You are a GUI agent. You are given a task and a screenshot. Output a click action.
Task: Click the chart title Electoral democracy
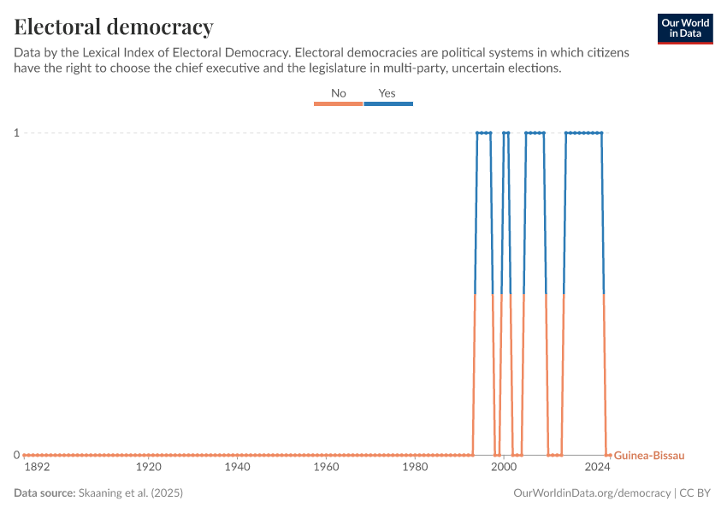(114, 27)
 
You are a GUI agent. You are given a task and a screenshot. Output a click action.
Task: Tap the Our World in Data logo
(685, 28)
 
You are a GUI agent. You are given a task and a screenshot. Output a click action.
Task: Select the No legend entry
(339, 93)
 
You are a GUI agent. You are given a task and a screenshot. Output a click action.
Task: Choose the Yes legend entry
(387, 93)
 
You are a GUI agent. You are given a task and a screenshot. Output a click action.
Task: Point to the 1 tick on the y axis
(15, 133)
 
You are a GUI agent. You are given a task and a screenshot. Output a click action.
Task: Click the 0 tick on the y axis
(15, 455)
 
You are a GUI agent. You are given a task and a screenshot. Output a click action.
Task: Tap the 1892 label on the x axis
(37, 469)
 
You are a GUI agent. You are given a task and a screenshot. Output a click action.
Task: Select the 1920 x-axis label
(149, 469)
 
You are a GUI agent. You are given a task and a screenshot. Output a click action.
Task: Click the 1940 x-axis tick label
(237, 469)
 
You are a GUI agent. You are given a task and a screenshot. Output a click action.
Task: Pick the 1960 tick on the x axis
(326, 469)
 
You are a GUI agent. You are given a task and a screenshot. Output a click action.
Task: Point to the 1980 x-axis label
(415, 469)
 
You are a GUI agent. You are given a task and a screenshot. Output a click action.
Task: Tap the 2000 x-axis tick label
(503, 469)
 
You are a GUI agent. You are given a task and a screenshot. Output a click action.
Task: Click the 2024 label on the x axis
(597, 469)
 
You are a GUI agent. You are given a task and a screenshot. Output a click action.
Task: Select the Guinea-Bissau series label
(649, 456)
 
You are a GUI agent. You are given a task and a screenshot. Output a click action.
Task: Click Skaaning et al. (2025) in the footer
(131, 493)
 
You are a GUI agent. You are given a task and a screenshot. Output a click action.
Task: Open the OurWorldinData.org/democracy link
(593, 493)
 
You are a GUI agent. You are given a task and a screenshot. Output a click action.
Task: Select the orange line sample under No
(339, 103)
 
